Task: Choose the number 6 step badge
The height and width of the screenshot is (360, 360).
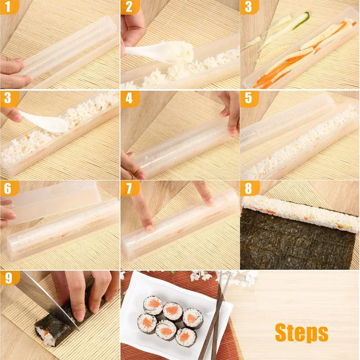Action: click(8, 189)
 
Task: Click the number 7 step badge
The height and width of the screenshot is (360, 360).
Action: click(128, 189)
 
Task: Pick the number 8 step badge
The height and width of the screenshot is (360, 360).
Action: click(248, 189)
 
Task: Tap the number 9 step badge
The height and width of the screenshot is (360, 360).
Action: click(8, 279)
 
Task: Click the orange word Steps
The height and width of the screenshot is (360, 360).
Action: click(301, 333)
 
